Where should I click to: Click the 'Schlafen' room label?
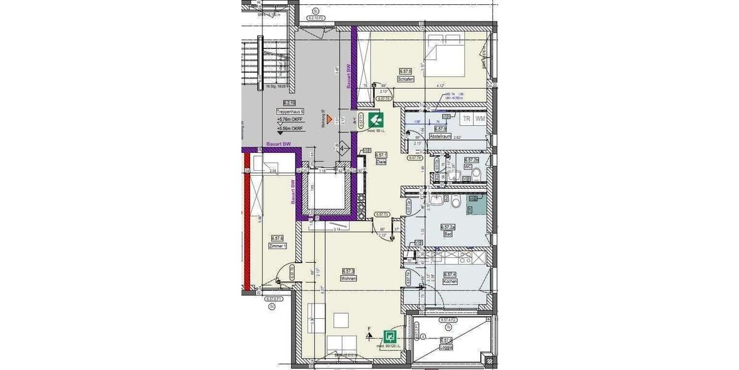pos(405,80)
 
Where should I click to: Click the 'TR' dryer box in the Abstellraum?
pos(467,118)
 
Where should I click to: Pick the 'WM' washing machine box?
pos(480,118)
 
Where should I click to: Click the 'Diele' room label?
pos(381,162)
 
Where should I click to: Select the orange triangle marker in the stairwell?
pos(330,118)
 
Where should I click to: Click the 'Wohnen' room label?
pos(349,278)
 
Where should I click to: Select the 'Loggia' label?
pos(446,347)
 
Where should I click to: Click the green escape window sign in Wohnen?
pos(389,337)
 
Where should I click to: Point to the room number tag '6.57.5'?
pos(405,72)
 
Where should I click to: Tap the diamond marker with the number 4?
pos(342,148)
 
